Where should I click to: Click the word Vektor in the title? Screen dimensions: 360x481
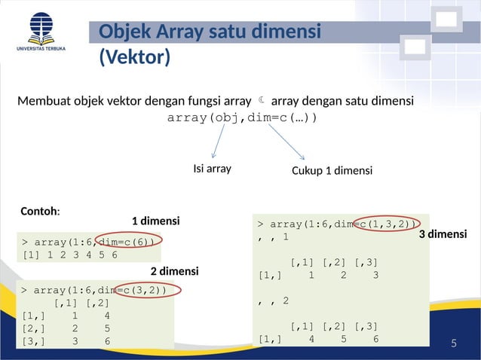point(135,57)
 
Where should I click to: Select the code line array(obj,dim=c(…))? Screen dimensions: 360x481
point(242,118)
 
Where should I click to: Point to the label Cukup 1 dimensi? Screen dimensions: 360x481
point(332,171)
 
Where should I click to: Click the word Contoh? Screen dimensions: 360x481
point(40,212)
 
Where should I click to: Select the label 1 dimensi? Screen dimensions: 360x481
point(155,221)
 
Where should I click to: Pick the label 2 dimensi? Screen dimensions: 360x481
point(174,271)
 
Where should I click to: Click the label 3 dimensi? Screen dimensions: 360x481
point(443,235)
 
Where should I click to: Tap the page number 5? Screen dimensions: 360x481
point(454,344)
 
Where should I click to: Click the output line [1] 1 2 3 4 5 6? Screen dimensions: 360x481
point(70,255)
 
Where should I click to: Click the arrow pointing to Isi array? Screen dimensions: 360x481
point(219,142)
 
